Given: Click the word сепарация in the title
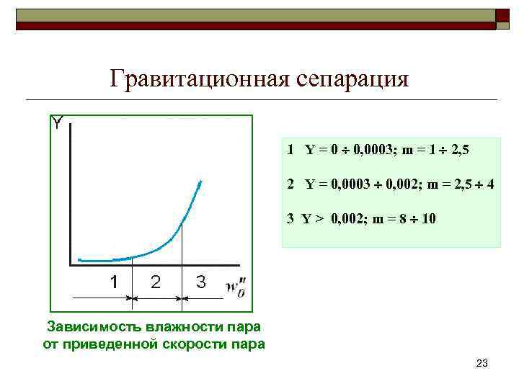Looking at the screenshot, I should click(352, 78).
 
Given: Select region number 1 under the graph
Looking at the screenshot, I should click(114, 282).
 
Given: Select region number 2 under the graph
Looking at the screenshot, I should click(156, 282).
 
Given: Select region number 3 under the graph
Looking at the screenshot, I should click(200, 282).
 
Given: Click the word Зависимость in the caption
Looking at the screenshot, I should click(93, 328).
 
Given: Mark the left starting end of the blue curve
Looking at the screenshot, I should click(79, 259).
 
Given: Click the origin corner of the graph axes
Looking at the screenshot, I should click(70, 266).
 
